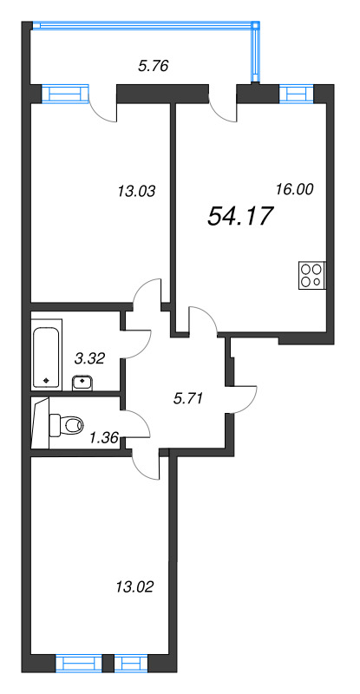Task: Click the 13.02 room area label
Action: pyautogui.click(x=134, y=587)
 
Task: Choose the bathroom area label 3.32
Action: pyautogui.click(x=90, y=357)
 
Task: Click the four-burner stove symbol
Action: pyautogui.click(x=311, y=275)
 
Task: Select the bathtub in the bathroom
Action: pyautogui.click(x=47, y=355)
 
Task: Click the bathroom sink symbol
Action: pyautogui.click(x=83, y=380)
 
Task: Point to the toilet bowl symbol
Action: pyautogui.click(x=66, y=425)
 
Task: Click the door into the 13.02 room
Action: pyautogui.click(x=147, y=464)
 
